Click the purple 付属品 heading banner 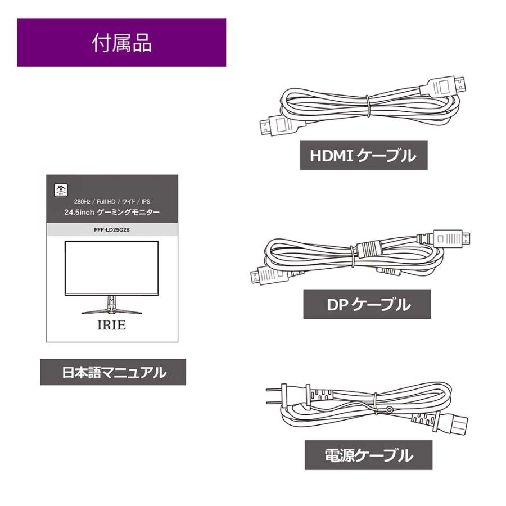point(121,43)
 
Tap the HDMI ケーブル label point(363,156)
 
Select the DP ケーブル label point(367,305)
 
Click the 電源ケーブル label point(368,455)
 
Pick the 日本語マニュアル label point(113,372)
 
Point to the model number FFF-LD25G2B point(112,230)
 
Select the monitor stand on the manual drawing point(111,306)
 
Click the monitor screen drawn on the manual point(111,268)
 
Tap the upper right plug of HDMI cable point(450,87)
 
